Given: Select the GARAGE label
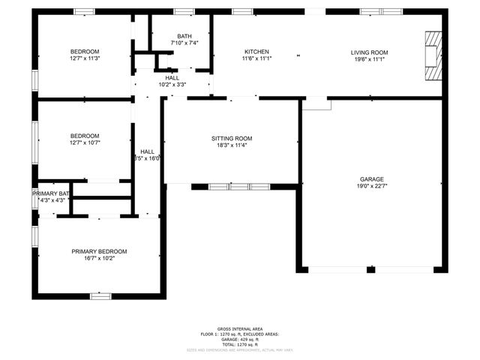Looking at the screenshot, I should point(371,179).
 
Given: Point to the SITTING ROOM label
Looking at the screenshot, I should point(231,139).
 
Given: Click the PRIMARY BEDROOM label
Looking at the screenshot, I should point(99,251).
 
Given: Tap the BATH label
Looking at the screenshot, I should point(184,37).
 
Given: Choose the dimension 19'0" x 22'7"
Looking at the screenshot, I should point(371,186).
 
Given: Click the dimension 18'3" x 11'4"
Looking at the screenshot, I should point(231,145).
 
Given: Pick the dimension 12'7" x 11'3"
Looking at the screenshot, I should point(85,58).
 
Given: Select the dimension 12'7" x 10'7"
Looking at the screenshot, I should point(85,142).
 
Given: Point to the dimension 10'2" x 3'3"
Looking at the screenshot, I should point(172,85).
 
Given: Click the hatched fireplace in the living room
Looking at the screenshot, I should point(433,55).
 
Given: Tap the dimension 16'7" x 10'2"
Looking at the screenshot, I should point(99,259).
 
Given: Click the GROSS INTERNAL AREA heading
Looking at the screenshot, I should point(239,328).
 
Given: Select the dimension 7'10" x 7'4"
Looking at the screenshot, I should point(184,43).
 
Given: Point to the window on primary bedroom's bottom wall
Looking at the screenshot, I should point(100,296).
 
